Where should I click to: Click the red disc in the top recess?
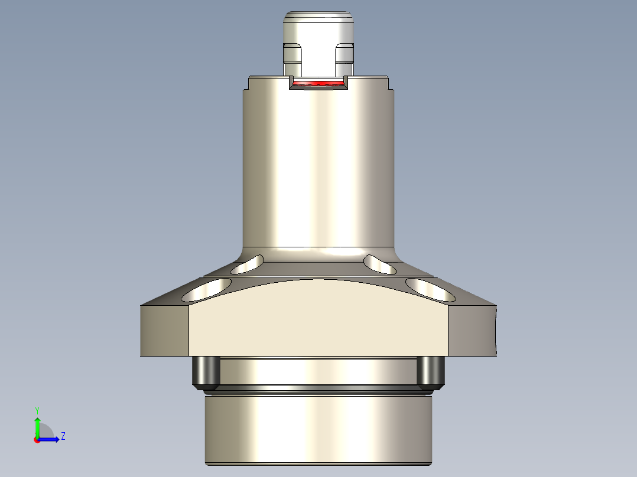coord(318,83)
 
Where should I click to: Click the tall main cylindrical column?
coord(318,165)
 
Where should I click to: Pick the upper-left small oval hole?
coord(248,265)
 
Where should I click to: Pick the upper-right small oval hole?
coord(380,264)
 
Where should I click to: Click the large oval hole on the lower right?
coord(431,289)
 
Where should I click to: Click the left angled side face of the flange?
coord(164,331)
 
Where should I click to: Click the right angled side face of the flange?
coord(473,331)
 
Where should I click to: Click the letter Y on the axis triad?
coord(37,410)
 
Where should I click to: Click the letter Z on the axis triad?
coord(63,436)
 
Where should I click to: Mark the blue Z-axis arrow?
coord(51,439)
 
